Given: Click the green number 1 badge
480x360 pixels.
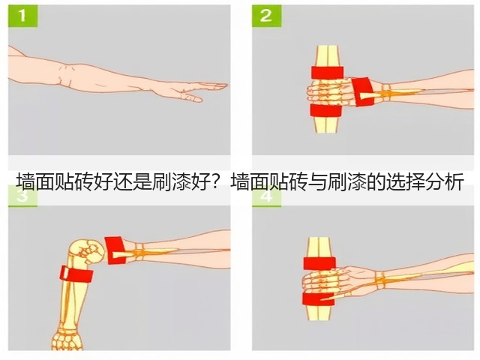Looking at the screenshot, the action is pos(23,16).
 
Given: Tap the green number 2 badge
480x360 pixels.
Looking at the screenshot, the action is pos(267,16).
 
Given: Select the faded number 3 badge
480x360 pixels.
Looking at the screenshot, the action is pos(23,196).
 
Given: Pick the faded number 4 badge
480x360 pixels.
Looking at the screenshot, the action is pos(267,196).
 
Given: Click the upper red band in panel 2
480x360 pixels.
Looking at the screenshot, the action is pos(327,73).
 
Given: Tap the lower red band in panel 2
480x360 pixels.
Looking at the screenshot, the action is pos(325,110).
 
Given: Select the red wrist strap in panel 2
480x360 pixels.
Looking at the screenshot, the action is pos(363,91).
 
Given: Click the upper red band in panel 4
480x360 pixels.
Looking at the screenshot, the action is pos(319,263).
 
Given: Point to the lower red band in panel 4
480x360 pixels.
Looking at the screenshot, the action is pos(318,299).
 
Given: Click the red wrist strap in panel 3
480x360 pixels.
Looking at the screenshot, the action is pos(115,250).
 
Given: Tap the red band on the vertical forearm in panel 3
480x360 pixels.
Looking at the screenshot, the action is pos(76,274).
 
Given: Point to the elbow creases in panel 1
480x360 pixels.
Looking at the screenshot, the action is pos(66,75).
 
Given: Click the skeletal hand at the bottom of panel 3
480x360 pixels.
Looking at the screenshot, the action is pos(67,339).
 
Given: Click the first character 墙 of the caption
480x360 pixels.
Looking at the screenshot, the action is pos(25,182).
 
